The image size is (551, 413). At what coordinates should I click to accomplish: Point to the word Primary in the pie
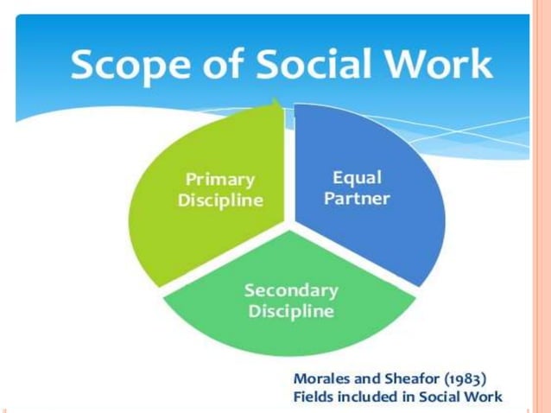tap(220, 180)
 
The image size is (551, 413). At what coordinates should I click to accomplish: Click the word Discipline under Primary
tap(220, 200)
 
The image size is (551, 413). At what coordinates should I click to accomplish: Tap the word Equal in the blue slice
tap(357, 177)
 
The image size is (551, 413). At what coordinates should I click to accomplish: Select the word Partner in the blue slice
tap(357, 198)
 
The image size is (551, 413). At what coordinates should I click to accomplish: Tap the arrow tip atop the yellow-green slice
tap(276, 105)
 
